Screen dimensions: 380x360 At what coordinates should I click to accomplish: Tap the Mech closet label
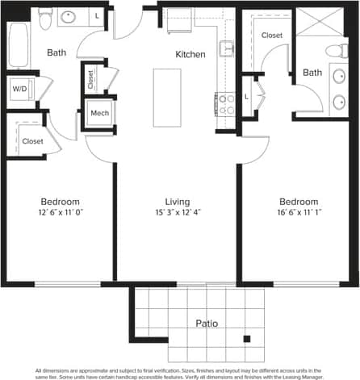click(99, 113)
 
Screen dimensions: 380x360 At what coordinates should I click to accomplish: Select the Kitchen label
click(190, 55)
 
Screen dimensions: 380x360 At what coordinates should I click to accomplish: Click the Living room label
click(177, 202)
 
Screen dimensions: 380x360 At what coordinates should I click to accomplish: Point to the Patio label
click(207, 324)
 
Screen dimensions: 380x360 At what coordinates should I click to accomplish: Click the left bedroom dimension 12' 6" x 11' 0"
click(61, 213)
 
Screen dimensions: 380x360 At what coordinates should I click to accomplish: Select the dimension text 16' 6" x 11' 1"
click(299, 213)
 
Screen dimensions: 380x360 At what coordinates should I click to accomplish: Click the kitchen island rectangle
click(167, 98)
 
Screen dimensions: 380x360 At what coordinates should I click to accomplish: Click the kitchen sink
click(226, 47)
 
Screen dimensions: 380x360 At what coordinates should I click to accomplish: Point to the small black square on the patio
click(247, 339)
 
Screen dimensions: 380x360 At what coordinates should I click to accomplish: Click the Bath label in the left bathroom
click(57, 53)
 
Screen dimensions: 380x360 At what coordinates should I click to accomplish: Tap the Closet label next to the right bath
click(272, 35)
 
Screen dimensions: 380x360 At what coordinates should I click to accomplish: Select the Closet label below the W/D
click(32, 141)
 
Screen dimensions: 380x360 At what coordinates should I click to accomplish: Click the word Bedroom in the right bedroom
click(299, 202)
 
